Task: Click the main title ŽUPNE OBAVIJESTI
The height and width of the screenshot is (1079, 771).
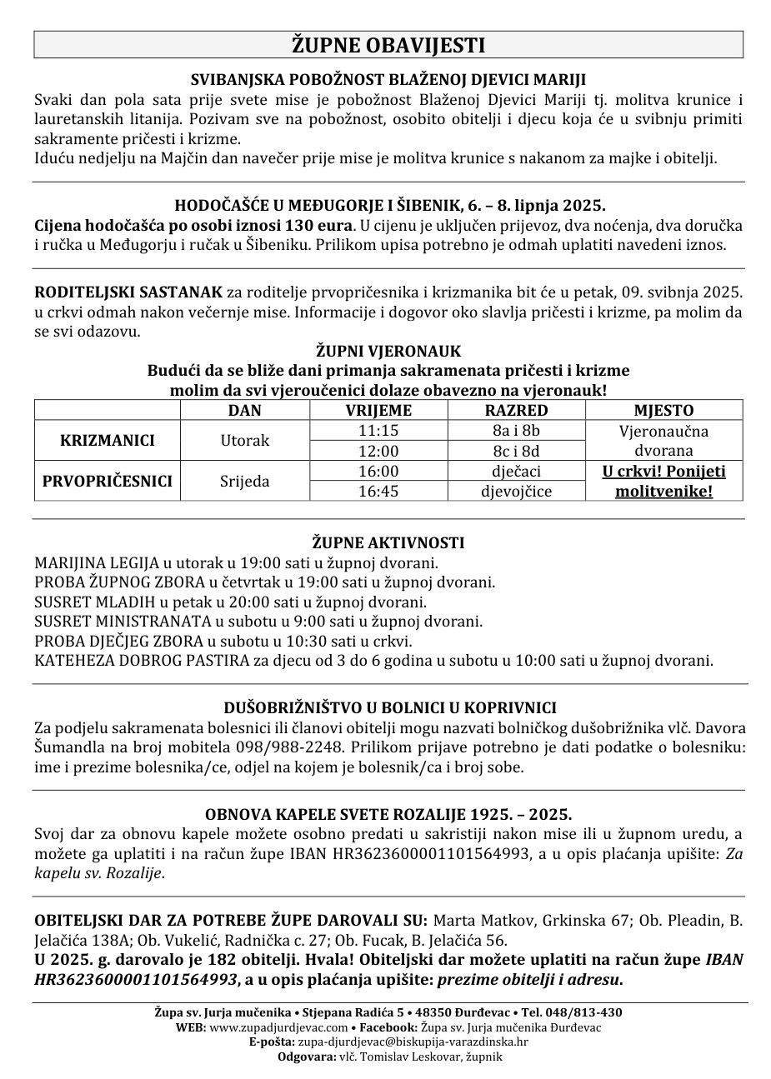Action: (388, 45)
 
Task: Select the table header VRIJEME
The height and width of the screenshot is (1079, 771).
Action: (378, 411)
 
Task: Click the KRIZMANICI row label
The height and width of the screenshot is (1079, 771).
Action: (108, 441)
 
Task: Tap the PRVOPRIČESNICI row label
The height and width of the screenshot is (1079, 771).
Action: (108, 481)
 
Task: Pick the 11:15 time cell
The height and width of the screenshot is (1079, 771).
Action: (378, 431)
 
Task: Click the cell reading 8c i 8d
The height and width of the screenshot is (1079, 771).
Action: (517, 451)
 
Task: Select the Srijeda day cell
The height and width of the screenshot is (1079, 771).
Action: (244, 481)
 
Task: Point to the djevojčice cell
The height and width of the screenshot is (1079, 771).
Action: (517, 491)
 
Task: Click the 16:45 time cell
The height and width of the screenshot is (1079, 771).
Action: (378, 491)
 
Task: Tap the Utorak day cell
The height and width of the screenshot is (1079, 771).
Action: (244, 441)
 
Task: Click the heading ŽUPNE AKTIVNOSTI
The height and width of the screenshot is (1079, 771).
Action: (388, 542)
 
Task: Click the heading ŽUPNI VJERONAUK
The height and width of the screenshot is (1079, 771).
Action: (388, 351)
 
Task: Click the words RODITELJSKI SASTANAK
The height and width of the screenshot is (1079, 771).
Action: (128, 292)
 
